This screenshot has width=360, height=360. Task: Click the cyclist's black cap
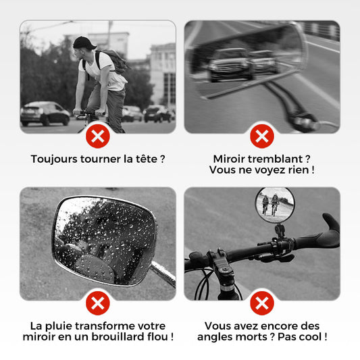tap(84, 43)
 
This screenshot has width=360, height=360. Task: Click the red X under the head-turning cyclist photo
tap(98, 136)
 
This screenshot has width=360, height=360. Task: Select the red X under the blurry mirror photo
tap(262, 136)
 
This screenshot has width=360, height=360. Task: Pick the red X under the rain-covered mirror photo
tap(98, 303)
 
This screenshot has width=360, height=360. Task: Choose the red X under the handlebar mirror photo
tap(262, 303)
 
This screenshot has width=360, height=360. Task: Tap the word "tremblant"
tap(276, 159)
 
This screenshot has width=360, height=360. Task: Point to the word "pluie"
tap(59, 326)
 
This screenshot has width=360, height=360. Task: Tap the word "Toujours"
tap(54, 159)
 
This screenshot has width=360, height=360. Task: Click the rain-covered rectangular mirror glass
tap(105, 240)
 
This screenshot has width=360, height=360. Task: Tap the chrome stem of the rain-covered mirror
tap(163, 274)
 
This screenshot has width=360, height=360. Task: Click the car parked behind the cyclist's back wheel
tap(45, 113)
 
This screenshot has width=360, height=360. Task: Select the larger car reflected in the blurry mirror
tap(232, 64)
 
